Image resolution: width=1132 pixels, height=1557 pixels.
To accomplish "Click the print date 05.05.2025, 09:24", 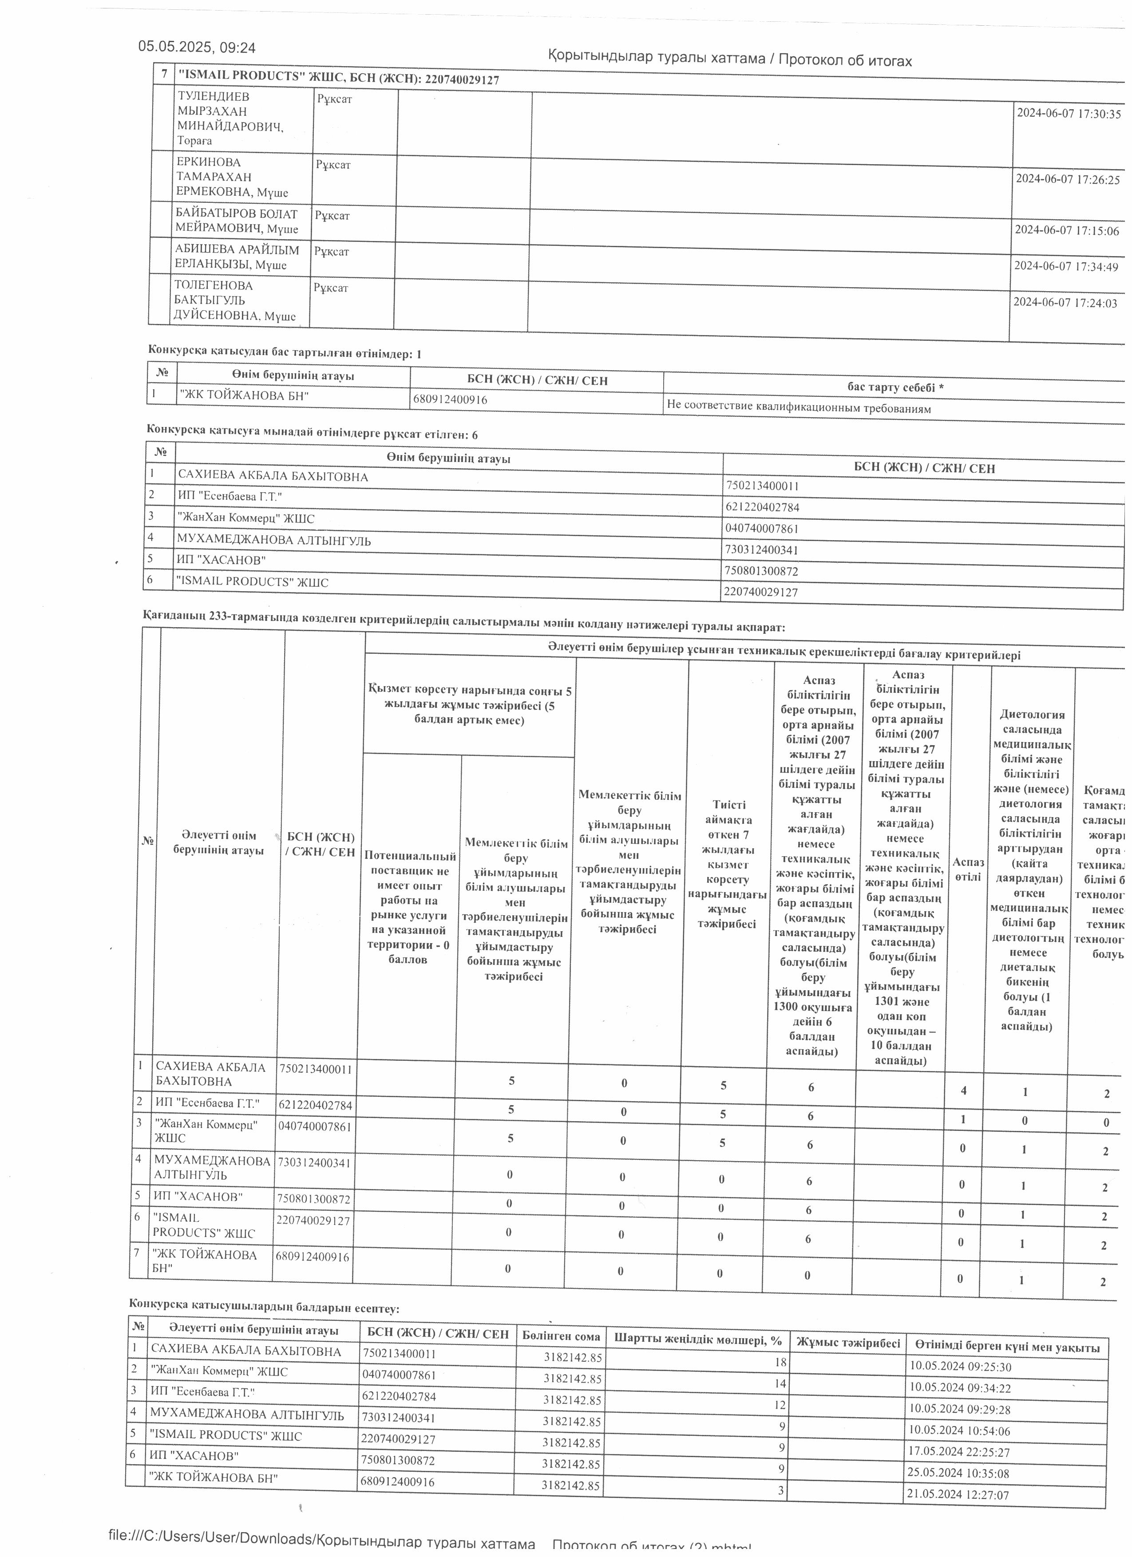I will [x=197, y=47].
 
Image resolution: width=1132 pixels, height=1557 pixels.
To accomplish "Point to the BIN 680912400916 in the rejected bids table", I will [x=450, y=399].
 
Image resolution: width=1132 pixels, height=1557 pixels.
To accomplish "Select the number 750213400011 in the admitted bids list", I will [x=762, y=486].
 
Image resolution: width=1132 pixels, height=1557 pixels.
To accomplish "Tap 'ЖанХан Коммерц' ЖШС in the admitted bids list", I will [x=246, y=518].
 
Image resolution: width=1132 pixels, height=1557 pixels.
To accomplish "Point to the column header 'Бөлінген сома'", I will [x=561, y=1336].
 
